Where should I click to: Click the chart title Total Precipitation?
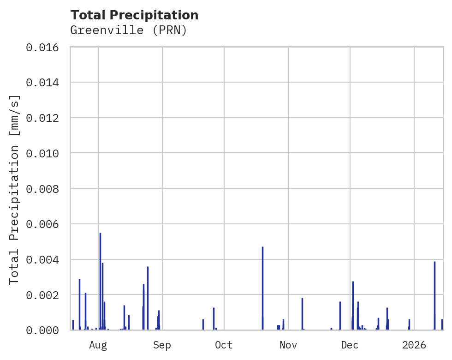click(x=134, y=15)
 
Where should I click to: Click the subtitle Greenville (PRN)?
click(x=128, y=30)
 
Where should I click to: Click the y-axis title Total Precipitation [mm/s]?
click(x=15, y=189)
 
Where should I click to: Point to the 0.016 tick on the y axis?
click(x=45, y=47)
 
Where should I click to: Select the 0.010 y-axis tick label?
click(x=45, y=153)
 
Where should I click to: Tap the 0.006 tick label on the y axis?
click(x=45, y=224)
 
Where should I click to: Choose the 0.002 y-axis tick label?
click(x=45, y=295)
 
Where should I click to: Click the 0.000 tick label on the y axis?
click(x=45, y=330)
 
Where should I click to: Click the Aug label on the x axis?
click(x=98, y=345)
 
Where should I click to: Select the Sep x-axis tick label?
click(x=162, y=345)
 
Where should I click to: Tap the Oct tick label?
click(x=224, y=345)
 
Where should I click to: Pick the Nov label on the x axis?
click(x=288, y=345)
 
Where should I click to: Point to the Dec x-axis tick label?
click(x=350, y=345)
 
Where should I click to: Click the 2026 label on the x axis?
click(x=414, y=345)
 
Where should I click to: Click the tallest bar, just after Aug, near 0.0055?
click(x=100, y=282)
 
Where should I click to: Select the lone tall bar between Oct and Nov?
click(x=262, y=288)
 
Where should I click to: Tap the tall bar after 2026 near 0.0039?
click(x=434, y=295)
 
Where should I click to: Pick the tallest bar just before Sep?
click(x=148, y=298)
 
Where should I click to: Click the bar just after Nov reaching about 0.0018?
click(x=302, y=314)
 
